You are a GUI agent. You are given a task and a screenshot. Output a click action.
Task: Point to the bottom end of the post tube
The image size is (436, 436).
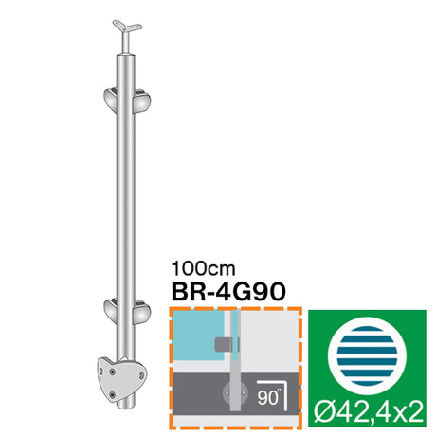pyautogui.click(x=129, y=406)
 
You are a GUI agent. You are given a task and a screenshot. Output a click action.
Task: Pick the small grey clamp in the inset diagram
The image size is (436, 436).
pyautogui.click(x=224, y=344)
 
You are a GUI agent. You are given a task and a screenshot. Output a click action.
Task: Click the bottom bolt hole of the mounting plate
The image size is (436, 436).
pyautogui.click(x=114, y=391)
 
